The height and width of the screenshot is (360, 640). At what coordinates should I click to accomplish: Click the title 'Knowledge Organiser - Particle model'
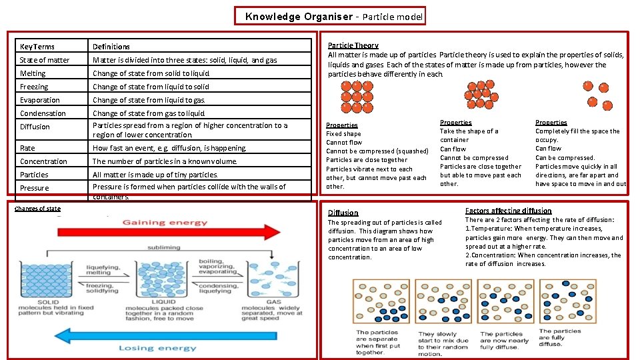(x=330, y=16)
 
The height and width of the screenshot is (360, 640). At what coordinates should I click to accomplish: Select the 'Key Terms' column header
(x=37, y=47)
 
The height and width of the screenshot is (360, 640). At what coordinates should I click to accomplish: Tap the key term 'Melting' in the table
(x=33, y=73)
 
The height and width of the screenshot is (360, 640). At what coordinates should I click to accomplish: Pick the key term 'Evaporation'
(x=39, y=100)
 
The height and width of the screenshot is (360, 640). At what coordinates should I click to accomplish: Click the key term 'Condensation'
(x=43, y=113)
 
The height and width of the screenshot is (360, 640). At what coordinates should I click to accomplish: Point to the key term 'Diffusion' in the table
(x=35, y=127)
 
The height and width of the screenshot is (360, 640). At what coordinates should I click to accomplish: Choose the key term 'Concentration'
(x=43, y=161)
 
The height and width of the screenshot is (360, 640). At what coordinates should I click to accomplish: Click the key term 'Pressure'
(x=34, y=188)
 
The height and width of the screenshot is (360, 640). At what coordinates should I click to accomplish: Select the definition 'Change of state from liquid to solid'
(x=151, y=87)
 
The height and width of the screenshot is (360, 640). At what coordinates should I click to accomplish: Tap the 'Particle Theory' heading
(x=353, y=45)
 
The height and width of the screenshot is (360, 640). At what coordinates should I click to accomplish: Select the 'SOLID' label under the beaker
(x=47, y=302)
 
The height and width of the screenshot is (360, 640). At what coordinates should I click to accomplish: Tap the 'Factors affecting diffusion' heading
(x=508, y=211)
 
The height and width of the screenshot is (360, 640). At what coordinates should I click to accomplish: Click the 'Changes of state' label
(x=37, y=209)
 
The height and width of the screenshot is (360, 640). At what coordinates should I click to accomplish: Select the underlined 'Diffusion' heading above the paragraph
(x=343, y=213)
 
